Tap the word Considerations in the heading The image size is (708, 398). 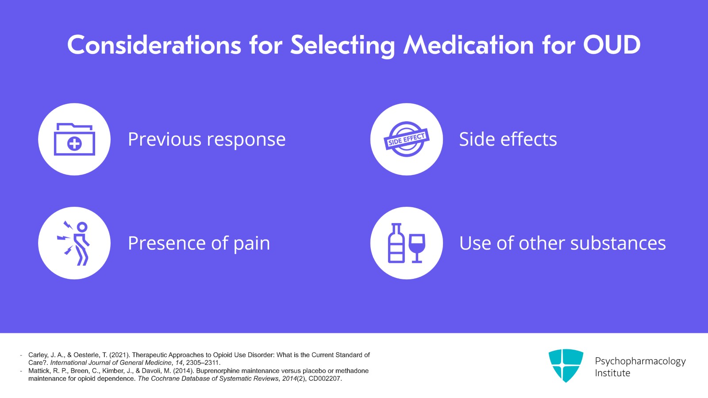(154, 45)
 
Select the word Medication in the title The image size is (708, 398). (469, 45)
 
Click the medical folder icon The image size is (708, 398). (74, 139)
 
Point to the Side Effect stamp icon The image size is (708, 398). (406, 139)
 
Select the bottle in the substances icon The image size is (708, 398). (396, 244)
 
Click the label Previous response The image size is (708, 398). (207, 139)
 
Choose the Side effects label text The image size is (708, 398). (508, 139)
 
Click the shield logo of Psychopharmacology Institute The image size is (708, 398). (566, 365)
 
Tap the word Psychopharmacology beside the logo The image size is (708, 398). (640, 361)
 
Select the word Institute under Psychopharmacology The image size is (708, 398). (612, 373)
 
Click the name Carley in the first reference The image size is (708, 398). (38, 355)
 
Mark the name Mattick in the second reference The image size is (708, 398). (39, 371)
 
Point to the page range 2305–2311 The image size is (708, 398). (203, 363)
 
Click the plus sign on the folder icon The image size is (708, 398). (74, 144)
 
